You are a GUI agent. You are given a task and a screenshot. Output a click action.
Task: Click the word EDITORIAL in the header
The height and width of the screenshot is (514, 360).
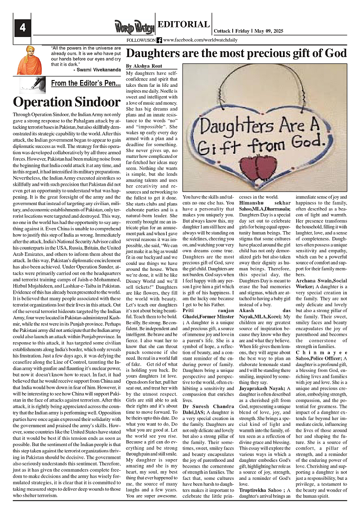(184, 25)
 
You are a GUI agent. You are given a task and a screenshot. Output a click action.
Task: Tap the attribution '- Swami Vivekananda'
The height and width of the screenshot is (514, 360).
(97, 70)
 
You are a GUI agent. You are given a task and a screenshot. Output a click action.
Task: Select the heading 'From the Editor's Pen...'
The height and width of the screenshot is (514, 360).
(85, 83)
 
